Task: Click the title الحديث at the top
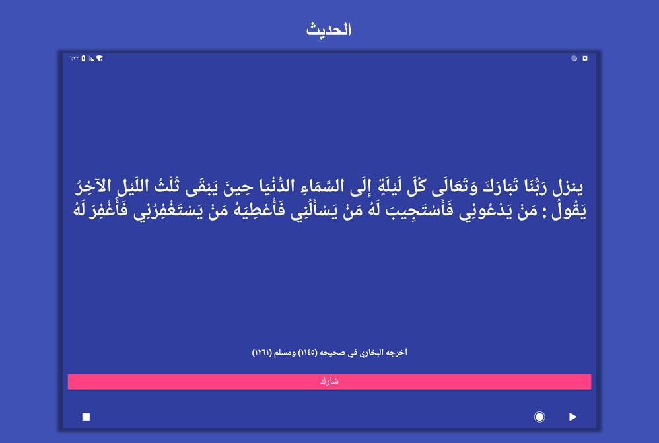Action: point(329,30)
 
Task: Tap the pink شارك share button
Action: point(329,382)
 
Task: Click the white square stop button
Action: point(86,417)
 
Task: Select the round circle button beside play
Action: point(539,417)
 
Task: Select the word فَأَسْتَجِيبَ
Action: point(419,210)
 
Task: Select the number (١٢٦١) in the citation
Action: point(262,352)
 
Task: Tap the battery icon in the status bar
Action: point(83,58)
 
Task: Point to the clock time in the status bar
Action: point(74,58)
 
